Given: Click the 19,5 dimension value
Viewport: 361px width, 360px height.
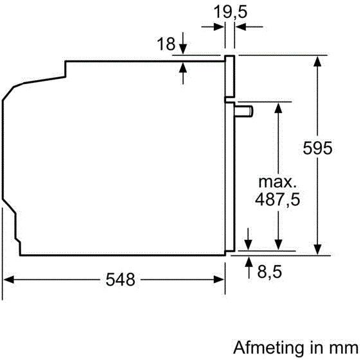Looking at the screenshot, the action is coord(231,12).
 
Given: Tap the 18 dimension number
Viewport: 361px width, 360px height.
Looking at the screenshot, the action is coord(166,44).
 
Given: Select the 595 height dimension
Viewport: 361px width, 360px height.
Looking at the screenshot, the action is coord(317,148).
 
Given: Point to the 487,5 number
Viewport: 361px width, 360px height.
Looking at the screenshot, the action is coord(277,200).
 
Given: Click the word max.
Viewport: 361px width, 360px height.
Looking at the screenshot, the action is coord(277,182).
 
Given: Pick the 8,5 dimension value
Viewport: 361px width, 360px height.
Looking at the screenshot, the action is coord(269,271).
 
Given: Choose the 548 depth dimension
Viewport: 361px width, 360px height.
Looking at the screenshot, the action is coord(120,280).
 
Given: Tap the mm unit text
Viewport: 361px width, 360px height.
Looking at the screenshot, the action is coord(346,348).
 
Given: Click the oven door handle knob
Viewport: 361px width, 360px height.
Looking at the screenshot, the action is coord(244,111).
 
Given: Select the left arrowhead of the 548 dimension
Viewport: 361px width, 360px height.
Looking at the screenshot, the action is coord(9,280).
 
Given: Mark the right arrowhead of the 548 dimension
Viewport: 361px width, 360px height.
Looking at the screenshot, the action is coord(218,280).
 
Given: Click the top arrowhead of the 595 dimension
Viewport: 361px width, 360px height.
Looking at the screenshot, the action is coord(317,61).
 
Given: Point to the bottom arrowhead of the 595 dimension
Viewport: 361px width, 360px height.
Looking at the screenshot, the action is coord(317,250).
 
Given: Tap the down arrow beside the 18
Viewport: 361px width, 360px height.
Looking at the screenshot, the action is coord(183,44).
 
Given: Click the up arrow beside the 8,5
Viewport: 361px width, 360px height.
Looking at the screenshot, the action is coord(249,268).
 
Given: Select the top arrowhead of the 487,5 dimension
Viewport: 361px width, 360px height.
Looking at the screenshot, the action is coord(278,108).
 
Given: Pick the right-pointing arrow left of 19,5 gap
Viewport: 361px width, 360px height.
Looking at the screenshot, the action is coord(213,27).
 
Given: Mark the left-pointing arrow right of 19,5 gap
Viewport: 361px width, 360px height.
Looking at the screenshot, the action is coord(249,27).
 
